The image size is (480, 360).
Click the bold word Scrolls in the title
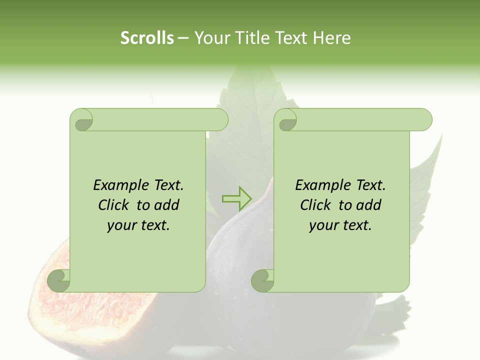(x=147, y=38)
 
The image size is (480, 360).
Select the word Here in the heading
(x=332, y=38)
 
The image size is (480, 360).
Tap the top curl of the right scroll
(x=287, y=120)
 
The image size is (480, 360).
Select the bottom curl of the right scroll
(x=263, y=280)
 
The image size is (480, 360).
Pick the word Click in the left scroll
(x=115, y=205)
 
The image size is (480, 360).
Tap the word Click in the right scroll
(x=316, y=205)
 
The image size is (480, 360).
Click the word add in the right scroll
(x=369, y=205)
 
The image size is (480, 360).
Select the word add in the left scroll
(x=167, y=205)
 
